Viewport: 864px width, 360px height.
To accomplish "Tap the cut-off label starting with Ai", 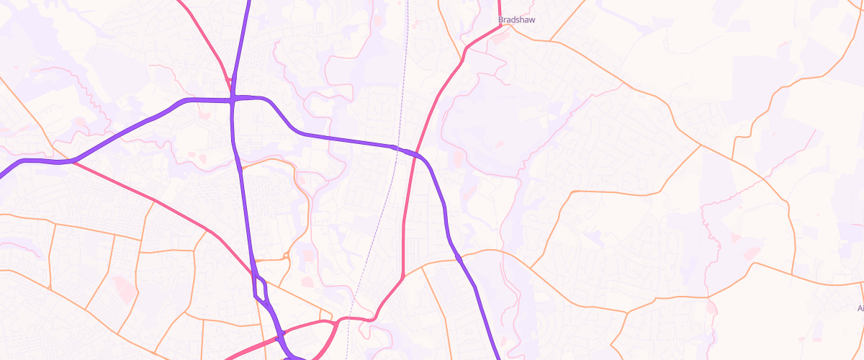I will pos(860,308).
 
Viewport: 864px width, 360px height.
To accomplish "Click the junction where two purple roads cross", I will pos(233,99).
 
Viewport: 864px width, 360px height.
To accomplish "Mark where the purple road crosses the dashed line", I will pos(395,148).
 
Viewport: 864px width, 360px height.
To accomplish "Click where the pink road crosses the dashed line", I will pos(349,318).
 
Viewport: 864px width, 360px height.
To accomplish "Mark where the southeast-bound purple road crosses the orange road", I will pos(459,255).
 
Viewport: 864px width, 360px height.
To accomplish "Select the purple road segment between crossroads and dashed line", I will pos(324,136).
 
